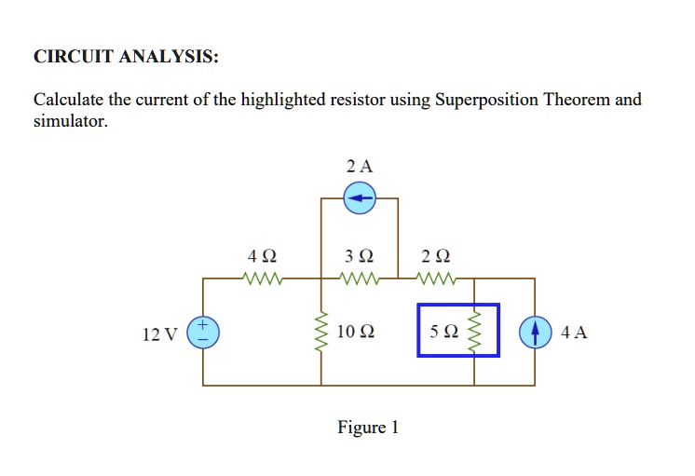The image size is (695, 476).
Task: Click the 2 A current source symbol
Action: pyautogui.click(x=360, y=197)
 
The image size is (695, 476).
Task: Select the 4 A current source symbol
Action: pyautogui.click(x=535, y=332)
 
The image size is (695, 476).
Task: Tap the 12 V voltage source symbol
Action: pyautogui.click(x=204, y=332)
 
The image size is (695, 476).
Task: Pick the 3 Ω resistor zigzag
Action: pyautogui.click(x=360, y=278)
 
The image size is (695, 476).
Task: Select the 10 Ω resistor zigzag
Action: pyautogui.click(x=322, y=332)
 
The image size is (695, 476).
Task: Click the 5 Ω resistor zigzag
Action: pyautogui.click(x=475, y=332)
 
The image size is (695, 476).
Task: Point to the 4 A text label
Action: pyautogui.click(x=575, y=333)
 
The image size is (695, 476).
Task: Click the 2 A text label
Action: pyautogui.click(x=359, y=167)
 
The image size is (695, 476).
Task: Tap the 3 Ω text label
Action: pyautogui.click(x=360, y=255)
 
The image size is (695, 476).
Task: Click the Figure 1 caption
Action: pyautogui.click(x=368, y=428)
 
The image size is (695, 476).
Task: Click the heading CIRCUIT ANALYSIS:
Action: pyautogui.click(x=127, y=57)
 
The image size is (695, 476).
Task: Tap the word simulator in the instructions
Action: pyautogui.click(x=69, y=121)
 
